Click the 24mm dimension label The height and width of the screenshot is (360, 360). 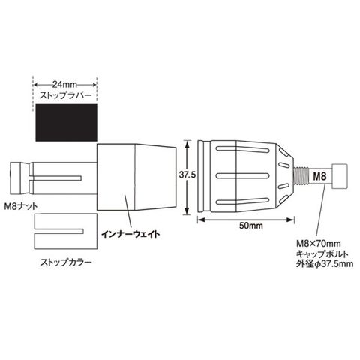64,85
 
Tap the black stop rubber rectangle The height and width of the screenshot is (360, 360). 67,122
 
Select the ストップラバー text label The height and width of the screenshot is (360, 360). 66,95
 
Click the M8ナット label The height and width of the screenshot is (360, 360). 21,206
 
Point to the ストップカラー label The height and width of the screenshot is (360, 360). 66,262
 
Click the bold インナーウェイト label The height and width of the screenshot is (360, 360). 130,234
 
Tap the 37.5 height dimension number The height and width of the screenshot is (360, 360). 187,175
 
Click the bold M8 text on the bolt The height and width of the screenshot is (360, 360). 319,176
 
